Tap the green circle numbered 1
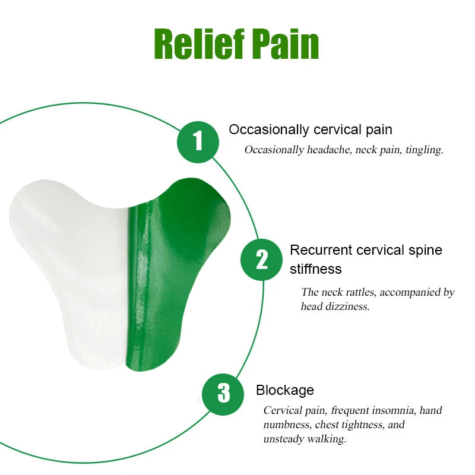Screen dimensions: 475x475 coord(198,141)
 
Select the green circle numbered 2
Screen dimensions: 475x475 coord(261,259)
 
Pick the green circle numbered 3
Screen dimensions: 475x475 coord(223,392)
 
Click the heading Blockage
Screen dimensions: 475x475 coord(285,390)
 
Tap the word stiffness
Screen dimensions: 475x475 coord(316,269)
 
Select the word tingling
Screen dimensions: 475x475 coord(425,150)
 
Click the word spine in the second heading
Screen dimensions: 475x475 coord(425,250)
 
